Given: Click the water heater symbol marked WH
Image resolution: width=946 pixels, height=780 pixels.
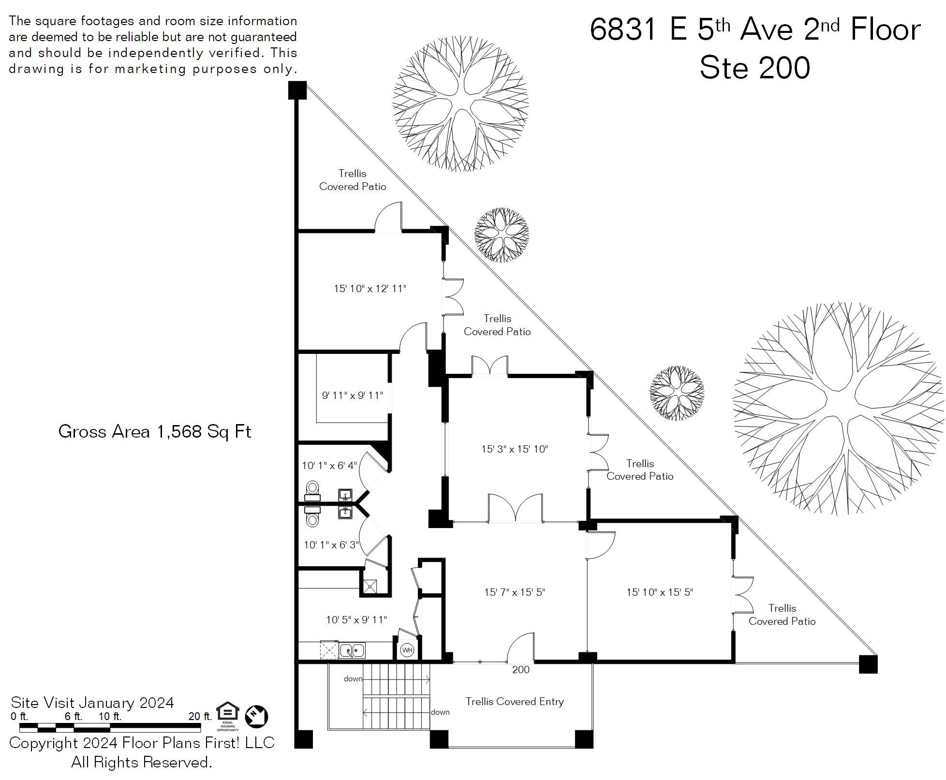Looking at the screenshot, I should point(407,650).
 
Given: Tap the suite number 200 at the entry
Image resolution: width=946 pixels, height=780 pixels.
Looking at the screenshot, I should point(520,670).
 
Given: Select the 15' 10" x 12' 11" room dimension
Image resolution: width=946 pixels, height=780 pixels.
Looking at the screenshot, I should point(370,289).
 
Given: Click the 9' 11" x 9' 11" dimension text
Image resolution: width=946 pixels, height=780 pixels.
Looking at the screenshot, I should point(352,396).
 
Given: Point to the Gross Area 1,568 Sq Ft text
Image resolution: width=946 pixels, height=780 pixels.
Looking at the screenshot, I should point(155,431).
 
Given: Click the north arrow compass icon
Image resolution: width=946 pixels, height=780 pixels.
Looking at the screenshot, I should point(256,717).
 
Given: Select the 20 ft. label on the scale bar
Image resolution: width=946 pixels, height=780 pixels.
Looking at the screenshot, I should point(200,716).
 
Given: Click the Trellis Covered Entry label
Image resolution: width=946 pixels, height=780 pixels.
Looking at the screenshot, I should point(515,702).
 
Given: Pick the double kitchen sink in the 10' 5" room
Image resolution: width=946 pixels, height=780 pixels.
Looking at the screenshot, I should point(352,651).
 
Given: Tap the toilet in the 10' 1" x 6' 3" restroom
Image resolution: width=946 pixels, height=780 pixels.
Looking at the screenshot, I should point(313,519).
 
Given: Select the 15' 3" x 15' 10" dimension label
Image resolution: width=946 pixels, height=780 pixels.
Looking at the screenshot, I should point(514,449).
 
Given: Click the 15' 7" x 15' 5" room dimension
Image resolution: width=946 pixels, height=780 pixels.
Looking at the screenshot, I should point(515,592).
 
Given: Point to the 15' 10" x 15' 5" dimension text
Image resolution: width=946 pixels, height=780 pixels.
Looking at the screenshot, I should point(660,592).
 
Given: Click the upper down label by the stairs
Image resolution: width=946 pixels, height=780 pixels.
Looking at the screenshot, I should point(353,679).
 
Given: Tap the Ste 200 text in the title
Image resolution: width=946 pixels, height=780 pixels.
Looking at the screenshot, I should point(754,68).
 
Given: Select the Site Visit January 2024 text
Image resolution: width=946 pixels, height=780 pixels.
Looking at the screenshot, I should point(92,703).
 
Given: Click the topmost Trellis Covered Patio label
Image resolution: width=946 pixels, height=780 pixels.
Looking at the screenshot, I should point(353,180).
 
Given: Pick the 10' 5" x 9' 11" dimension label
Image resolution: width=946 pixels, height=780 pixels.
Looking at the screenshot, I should point(356,620).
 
